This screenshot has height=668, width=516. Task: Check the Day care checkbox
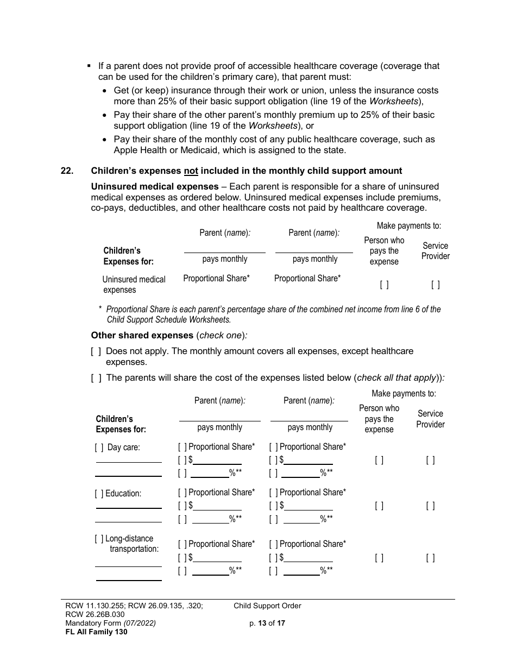click(x=99, y=448)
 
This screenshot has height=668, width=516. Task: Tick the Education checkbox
click(x=99, y=494)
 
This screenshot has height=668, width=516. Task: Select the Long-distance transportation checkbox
click(x=99, y=539)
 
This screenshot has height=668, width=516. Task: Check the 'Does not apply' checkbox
click(x=96, y=351)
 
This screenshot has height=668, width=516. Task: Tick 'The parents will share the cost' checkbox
click(x=96, y=378)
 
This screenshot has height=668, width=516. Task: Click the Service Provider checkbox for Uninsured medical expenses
click(x=435, y=284)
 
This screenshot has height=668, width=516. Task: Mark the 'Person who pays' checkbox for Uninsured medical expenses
click(x=384, y=284)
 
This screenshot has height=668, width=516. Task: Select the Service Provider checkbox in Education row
click(x=430, y=506)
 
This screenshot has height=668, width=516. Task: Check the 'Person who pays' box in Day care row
click(x=379, y=460)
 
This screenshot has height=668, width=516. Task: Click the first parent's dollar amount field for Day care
click(x=217, y=460)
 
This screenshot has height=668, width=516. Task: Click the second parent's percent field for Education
click(x=301, y=519)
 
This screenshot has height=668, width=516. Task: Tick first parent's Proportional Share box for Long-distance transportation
click(x=183, y=544)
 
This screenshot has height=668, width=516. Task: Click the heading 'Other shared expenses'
click(x=142, y=335)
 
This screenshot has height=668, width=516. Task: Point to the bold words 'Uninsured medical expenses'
click(x=147, y=186)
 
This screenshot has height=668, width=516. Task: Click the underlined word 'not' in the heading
click(x=191, y=171)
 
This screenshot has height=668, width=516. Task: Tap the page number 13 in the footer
click(x=261, y=623)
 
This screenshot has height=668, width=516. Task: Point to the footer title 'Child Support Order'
click(x=267, y=606)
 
